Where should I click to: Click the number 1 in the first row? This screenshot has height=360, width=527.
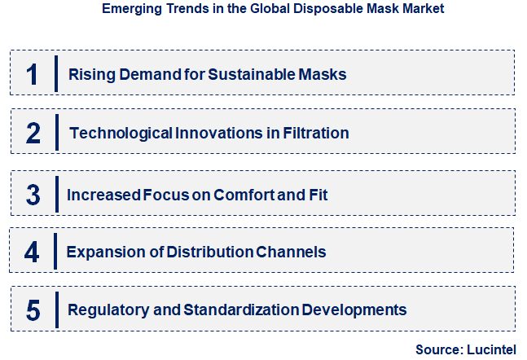coord(32,74)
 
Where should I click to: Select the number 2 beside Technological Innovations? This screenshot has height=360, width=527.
coord(33,133)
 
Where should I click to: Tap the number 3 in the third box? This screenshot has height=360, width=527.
coord(33,195)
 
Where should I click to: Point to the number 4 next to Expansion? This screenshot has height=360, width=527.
coord(32,252)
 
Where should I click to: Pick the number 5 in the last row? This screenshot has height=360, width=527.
coord(33,310)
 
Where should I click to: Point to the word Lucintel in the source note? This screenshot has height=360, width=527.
coord(493,349)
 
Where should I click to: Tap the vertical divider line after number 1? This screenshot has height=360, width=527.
coord(55,73)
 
